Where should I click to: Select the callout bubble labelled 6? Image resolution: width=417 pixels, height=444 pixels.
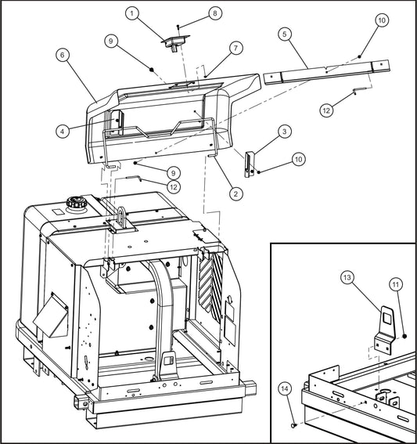[x=62, y=56]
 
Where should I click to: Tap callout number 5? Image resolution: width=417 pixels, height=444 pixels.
[x=285, y=34]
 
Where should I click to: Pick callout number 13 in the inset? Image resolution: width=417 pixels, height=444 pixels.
[x=348, y=278]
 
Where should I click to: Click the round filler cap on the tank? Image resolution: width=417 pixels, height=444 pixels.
[x=77, y=205]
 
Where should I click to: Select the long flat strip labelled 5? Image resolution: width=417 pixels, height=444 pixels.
[x=329, y=71]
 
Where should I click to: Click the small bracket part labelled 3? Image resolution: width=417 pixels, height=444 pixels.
[x=250, y=163]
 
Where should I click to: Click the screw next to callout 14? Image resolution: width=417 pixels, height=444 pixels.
[x=293, y=425]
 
